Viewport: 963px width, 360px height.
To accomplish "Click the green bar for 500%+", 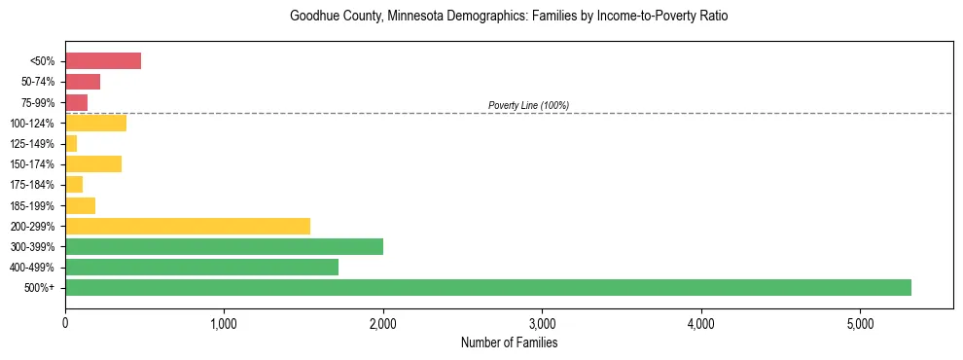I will click(x=487, y=287).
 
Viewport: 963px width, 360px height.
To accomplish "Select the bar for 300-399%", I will click(x=224, y=246).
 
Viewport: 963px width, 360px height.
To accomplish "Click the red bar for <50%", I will click(x=103, y=61).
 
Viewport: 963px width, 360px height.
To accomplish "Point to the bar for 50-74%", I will click(x=83, y=82).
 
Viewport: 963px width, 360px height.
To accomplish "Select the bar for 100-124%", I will click(x=95, y=123).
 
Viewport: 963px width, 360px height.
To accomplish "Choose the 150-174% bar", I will click(x=93, y=163).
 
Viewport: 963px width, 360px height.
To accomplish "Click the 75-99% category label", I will click(x=39, y=102).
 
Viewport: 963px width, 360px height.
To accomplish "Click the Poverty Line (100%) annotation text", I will click(x=528, y=105).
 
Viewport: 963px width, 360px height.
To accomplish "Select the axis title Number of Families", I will click(x=509, y=342).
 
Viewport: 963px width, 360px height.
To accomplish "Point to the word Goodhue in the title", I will click(x=313, y=17).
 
